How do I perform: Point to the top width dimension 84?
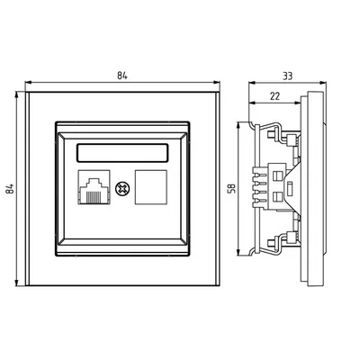pos(123,78)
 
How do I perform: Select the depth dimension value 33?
pos(288,78)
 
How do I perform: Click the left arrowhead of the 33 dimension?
pos(248,85)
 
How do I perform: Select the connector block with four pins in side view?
pos(274,189)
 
